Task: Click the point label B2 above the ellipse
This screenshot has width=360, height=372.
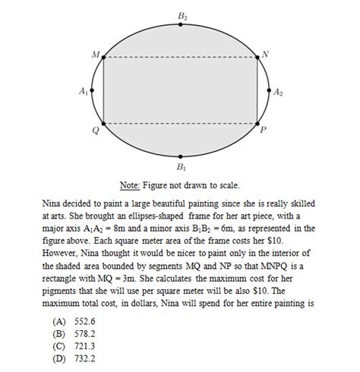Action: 182,15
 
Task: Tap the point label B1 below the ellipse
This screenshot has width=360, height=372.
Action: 181,166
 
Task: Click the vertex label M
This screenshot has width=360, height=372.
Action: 94,55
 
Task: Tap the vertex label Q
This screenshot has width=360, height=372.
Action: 94,130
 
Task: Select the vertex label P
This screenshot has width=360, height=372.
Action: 264,130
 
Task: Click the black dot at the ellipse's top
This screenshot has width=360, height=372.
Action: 181,25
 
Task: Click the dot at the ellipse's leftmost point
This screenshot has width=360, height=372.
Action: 93,90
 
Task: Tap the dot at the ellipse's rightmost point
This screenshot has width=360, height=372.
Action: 269,90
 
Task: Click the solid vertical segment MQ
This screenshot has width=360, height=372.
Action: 103,90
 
